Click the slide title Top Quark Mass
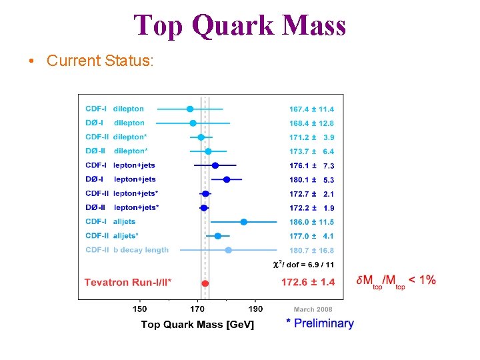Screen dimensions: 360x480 (240, 25)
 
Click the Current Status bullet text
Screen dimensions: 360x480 (100, 61)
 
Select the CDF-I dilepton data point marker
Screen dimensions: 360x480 (190, 109)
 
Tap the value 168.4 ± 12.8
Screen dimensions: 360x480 (311, 123)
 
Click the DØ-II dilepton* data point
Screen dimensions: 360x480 (208, 151)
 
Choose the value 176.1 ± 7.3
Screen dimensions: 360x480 (311, 165)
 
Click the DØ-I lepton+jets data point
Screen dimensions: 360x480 (227, 179)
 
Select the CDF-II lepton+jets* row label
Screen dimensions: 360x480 (122, 193)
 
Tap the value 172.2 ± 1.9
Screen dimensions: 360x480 (311, 208)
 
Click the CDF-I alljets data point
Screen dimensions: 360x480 (244, 222)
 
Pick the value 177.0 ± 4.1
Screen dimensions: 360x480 (311, 236)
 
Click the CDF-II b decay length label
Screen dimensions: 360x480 (127, 250)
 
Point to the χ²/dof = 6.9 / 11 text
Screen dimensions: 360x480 (304, 265)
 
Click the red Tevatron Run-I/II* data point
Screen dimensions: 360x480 (205, 283)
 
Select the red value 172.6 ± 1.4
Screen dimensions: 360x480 (308, 283)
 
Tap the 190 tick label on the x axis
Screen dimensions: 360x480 (255, 309)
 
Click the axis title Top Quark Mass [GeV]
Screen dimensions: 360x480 (197, 325)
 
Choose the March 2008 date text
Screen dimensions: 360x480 (313, 309)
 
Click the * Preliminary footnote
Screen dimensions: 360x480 (320, 323)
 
